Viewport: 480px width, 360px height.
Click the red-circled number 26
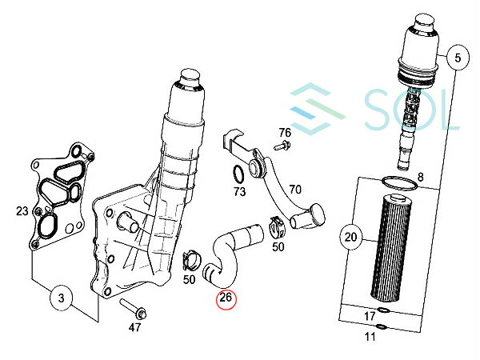point(226,298)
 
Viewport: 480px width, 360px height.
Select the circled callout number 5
point(458,58)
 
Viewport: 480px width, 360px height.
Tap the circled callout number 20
point(351,237)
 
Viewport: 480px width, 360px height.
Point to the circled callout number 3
point(62,298)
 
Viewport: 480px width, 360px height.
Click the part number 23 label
point(22,211)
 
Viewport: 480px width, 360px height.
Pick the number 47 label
point(134,327)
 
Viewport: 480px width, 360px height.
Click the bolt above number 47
point(134,308)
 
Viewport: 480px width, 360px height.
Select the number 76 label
point(285,133)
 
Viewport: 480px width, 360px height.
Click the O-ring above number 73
point(238,174)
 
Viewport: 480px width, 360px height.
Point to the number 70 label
point(295,190)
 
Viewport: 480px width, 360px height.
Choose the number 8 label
point(421,177)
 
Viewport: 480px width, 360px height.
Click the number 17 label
point(370,316)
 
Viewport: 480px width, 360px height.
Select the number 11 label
point(370,337)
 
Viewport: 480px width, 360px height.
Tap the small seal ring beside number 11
point(381,326)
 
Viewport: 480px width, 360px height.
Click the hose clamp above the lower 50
point(191,260)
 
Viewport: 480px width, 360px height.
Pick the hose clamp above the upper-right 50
point(278,228)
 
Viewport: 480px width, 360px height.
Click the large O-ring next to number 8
point(400,183)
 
